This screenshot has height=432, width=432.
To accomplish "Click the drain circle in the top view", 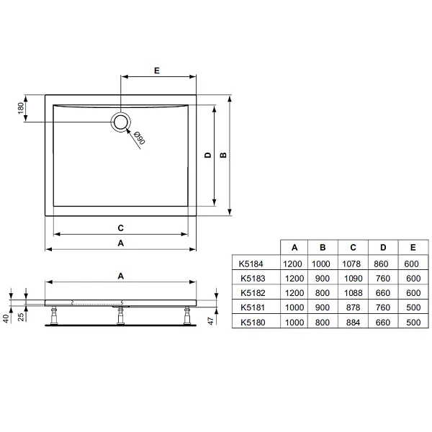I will (x=122, y=122).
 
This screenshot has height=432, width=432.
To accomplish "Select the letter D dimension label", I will (x=207, y=155).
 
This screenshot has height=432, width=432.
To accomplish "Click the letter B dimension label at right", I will (x=223, y=155).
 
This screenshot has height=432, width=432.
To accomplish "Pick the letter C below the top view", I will (x=121, y=228).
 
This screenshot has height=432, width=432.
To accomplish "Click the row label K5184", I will (x=253, y=264).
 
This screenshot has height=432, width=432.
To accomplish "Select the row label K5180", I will (x=253, y=323).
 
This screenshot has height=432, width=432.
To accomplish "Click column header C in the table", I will (x=352, y=248).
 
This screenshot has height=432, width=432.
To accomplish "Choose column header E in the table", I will (x=412, y=248).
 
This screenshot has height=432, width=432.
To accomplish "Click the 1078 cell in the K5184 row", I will (x=352, y=264).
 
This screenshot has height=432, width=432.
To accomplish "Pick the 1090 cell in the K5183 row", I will (x=352, y=279).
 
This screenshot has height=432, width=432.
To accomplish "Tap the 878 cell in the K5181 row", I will (x=352, y=308).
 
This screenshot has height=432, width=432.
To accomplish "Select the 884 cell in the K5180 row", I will (x=352, y=323).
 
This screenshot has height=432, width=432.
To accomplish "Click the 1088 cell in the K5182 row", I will (x=352, y=294).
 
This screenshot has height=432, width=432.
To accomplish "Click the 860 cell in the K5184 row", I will (x=382, y=264).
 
